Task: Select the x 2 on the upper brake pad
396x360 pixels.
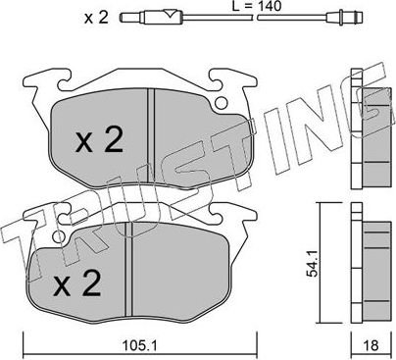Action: (98, 142)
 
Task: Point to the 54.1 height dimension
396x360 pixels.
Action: (313, 262)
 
